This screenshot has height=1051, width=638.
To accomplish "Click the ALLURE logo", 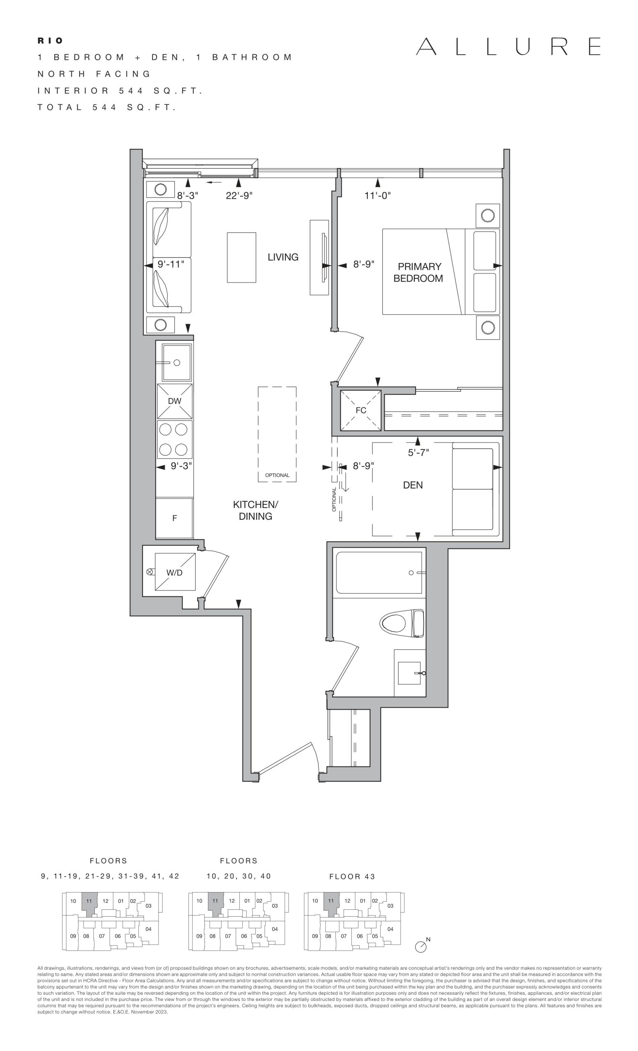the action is pyautogui.click(x=508, y=46).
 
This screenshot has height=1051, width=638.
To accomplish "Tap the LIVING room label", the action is pyautogui.click(x=283, y=257).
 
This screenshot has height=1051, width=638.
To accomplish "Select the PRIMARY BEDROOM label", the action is pyautogui.click(x=418, y=273).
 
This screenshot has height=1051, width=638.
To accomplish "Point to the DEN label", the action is pyautogui.click(x=413, y=485).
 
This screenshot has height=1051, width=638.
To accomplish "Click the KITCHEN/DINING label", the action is pyautogui.click(x=255, y=510).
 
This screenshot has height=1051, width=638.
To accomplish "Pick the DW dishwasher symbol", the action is pyautogui.click(x=174, y=401).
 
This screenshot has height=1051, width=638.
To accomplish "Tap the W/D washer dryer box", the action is pyautogui.click(x=175, y=572).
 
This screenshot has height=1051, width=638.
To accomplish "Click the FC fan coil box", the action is pyautogui.click(x=361, y=410).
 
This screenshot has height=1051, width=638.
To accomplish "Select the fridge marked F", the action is pyautogui.click(x=174, y=518).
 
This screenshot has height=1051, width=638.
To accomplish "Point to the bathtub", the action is pyautogui.click(x=379, y=572).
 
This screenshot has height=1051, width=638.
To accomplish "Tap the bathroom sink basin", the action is pyautogui.click(x=409, y=672).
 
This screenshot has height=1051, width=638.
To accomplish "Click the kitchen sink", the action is pyautogui.click(x=176, y=363).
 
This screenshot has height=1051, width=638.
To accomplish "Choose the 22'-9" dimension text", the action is pyautogui.click(x=239, y=196).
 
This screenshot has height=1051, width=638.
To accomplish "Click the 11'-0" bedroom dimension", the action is pyautogui.click(x=377, y=196).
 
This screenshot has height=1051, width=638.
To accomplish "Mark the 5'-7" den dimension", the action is pyautogui.click(x=418, y=452).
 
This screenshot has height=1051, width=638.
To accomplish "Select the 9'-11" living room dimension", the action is pyautogui.click(x=171, y=264).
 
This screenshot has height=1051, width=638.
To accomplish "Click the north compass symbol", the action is pyautogui.click(x=421, y=945).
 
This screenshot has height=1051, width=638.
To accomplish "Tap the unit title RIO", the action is pyautogui.click(x=50, y=41).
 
